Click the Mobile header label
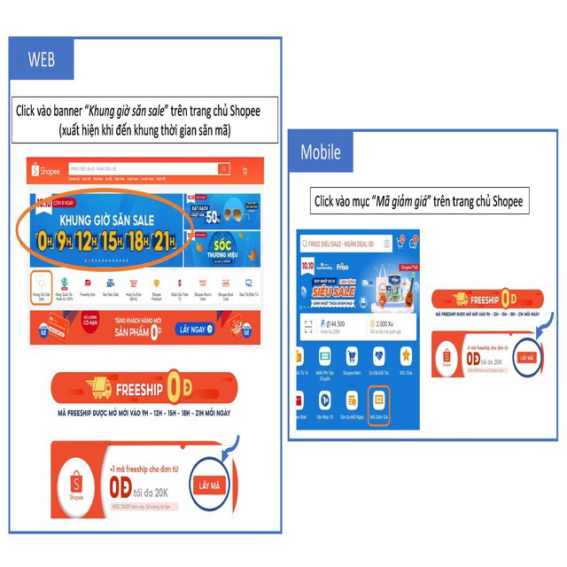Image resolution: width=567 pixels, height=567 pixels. [321, 151]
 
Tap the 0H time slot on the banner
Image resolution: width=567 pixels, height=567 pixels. [46, 240]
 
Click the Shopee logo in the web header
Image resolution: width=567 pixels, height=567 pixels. [44, 170]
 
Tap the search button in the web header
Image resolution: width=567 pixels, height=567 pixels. [224, 169]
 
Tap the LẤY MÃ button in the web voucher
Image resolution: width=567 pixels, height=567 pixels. [210, 485]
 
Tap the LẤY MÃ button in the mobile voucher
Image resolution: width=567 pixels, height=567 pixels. [528, 357]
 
